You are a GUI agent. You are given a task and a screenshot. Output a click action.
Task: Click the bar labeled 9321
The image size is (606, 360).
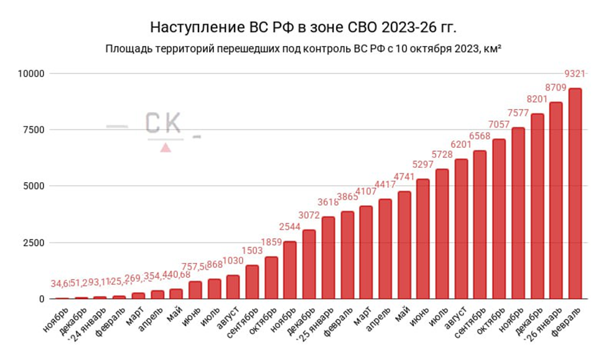click(575, 193)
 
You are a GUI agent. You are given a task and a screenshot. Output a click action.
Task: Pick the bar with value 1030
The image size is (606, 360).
click(233, 287)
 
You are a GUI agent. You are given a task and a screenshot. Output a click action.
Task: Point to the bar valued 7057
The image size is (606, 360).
click(499, 219)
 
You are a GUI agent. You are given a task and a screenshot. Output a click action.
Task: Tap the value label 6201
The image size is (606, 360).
click(461, 144)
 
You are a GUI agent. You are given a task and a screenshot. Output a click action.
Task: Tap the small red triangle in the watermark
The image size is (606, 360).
click(165, 147)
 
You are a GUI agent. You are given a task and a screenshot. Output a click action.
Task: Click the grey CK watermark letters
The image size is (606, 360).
click(163, 122)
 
